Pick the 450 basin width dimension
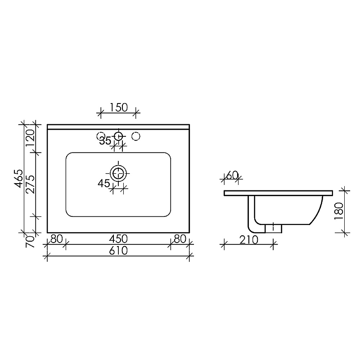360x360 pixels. pyautogui.click(x=118, y=238)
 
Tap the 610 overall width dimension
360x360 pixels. pyautogui.click(x=118, y=251)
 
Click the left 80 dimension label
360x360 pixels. pyautogui.click(x=56, y=238)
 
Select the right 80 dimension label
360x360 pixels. pyautogui.click(x=180, y=238)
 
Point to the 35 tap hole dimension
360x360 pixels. pyautogui.click(x=105, y=141)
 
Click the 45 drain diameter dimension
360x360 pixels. pyautogui.click(x=104, y=183)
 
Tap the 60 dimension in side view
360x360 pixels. pyautogui.click(x=232, y=175)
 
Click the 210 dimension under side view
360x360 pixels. pyautogui.click(x=248, y=240)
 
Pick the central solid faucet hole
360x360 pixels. pyautogui.click(x=118, y=135)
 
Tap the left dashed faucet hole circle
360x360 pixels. pyautogui.click(x=101, y=135)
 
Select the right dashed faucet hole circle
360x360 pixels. pyautogui.click(x=135, y=135)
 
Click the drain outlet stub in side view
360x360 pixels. pyautogui.click(x=273, y=228)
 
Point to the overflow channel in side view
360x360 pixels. pyautogui.click(x=252, y=216)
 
